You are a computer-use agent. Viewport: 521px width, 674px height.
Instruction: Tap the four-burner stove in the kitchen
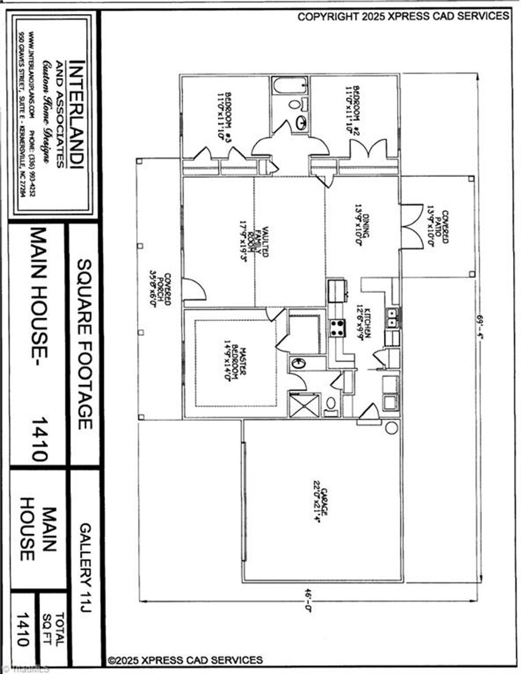337,327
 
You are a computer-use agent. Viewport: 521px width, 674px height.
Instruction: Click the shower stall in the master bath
304,404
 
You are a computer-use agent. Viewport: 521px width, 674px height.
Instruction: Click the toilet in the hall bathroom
295,104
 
